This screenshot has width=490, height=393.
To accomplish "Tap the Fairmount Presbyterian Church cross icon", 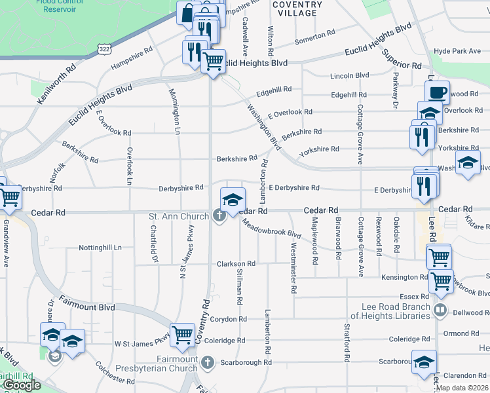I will [208, 362].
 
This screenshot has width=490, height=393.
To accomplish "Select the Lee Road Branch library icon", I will [442, 310].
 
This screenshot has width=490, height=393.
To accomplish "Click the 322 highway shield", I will [104, 48].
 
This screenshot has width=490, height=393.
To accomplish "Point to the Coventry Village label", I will [297, 9].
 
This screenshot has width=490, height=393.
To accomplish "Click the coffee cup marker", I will [438, 93].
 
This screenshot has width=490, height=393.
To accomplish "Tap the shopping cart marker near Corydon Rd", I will [183, 335].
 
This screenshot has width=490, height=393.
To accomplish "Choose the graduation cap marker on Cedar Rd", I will [232, 200].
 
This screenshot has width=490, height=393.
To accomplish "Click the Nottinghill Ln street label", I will [100, 248].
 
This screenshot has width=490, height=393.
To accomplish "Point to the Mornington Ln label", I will [176, 111].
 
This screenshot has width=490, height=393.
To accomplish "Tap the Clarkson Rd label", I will [236, 263].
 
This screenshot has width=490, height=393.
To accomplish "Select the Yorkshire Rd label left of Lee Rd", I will [319, 150].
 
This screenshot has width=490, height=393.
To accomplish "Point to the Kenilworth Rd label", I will [57, 83].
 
